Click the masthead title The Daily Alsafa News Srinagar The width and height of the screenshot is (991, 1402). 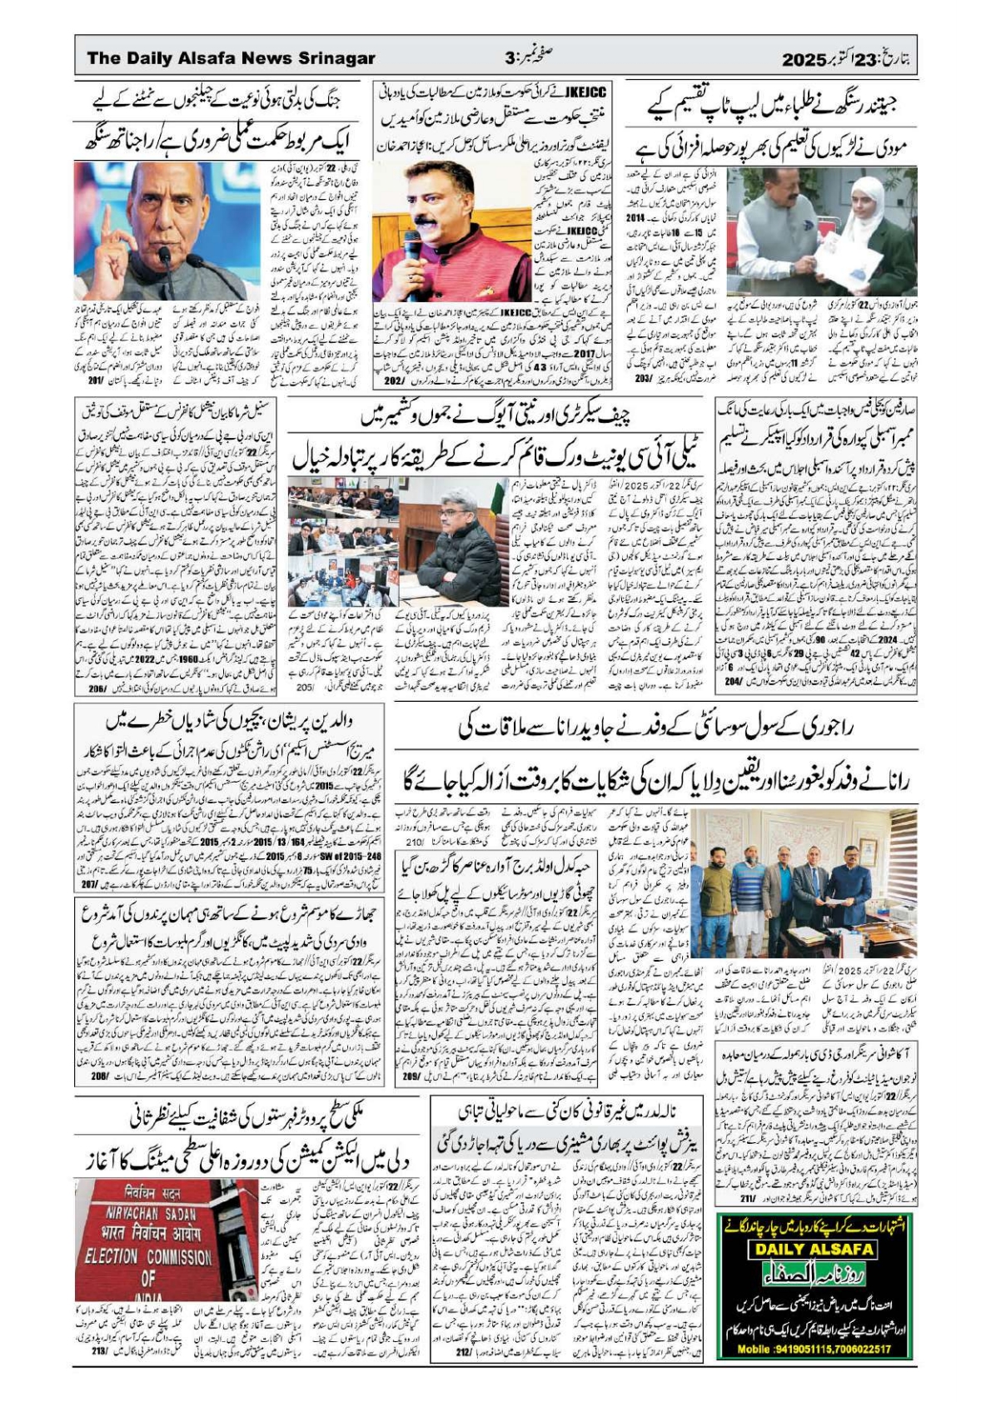pyautogui.click(x=231, y=58)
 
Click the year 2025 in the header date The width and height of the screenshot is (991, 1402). pyautogui.click(x=803, y=59)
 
